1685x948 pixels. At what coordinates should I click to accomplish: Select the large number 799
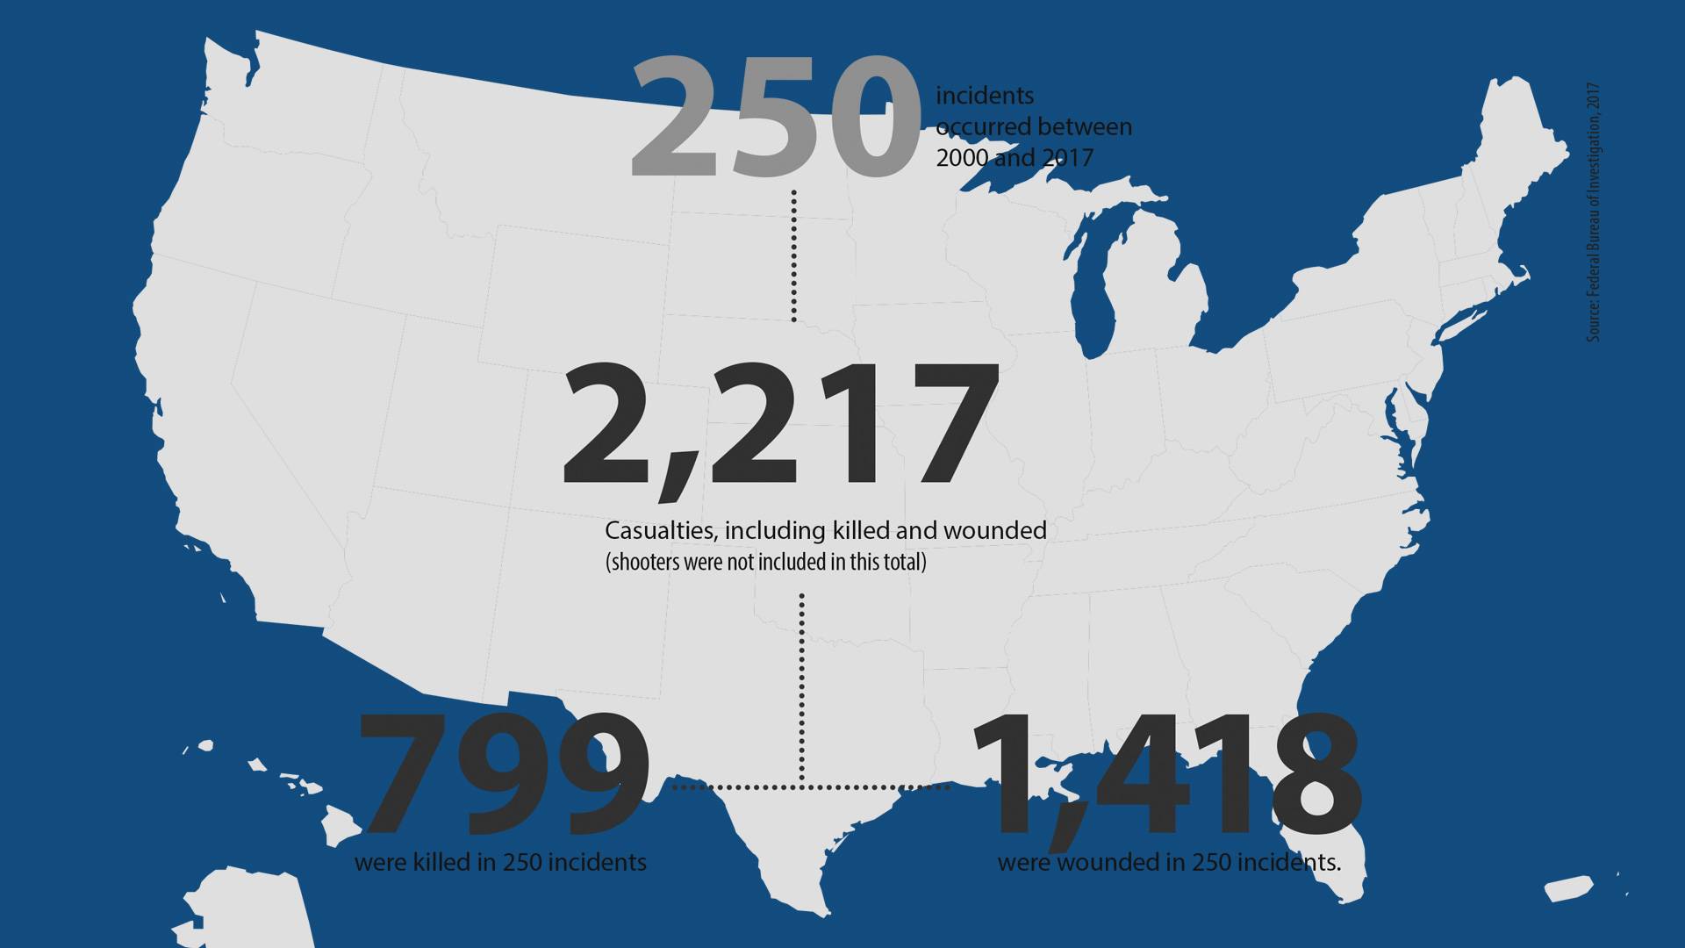pos(504,775)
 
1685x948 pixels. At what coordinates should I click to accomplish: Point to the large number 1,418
pos(1167,775)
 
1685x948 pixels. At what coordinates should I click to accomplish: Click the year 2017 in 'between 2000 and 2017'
pos(1067,158)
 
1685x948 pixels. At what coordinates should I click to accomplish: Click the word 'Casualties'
pos(661,530)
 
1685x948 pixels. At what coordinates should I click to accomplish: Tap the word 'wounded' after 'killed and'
pos(994,530)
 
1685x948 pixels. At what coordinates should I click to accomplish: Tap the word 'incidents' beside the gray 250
pos(985,96)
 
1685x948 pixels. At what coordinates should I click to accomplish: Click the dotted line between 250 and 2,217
pos(793,255)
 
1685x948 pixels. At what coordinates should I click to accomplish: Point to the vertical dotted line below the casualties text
pos(802,685)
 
